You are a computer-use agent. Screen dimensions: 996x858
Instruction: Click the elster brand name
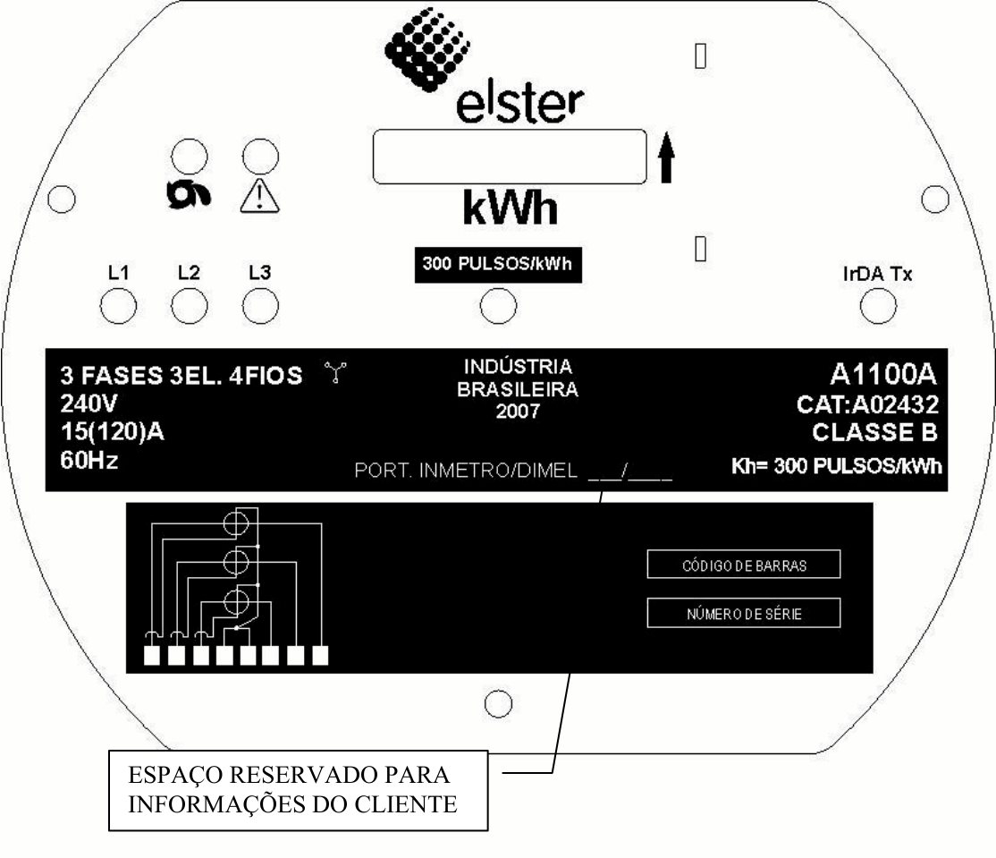coord(519,104)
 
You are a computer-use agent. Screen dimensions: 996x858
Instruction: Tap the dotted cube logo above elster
coord(426,49)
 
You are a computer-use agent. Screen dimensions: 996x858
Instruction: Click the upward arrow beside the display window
coord(666,157)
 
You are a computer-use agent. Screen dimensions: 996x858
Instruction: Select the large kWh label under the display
coord(510,208)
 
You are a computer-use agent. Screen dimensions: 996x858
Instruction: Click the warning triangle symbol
coord(260,196)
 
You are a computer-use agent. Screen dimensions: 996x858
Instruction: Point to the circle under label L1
coord(118,306)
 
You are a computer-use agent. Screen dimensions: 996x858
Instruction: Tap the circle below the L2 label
coord(190,306)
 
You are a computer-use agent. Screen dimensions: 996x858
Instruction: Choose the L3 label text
coord(260,273)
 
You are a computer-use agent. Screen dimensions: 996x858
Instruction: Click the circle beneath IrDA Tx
coord(878,306)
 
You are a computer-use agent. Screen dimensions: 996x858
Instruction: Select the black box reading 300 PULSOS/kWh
coord(498,265)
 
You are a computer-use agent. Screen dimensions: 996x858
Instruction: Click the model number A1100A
coord(883,374)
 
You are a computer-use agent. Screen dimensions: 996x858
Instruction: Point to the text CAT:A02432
coord(867,404)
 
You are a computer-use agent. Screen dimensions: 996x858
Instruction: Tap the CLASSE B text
coord(874,432)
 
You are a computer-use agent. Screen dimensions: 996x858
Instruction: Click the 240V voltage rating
coord(89,404)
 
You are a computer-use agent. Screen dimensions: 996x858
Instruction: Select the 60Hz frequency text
coord(89,460)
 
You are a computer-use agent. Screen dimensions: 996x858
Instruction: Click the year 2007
coord(518,412)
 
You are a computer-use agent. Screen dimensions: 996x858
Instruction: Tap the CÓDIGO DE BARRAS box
coord(744,565)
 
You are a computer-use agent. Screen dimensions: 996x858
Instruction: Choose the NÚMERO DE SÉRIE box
coord(744,613)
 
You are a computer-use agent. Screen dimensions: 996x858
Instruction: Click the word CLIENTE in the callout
coord(406,804)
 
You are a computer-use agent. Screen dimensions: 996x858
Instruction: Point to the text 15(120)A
coord(113,431)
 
